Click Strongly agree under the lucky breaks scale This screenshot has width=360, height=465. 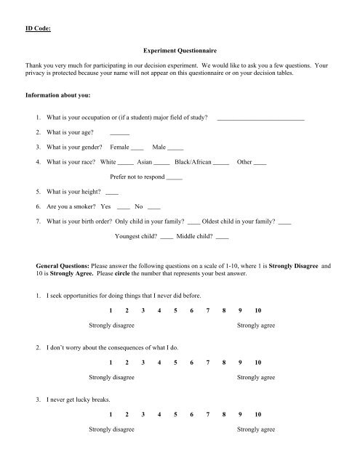(256, 429)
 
